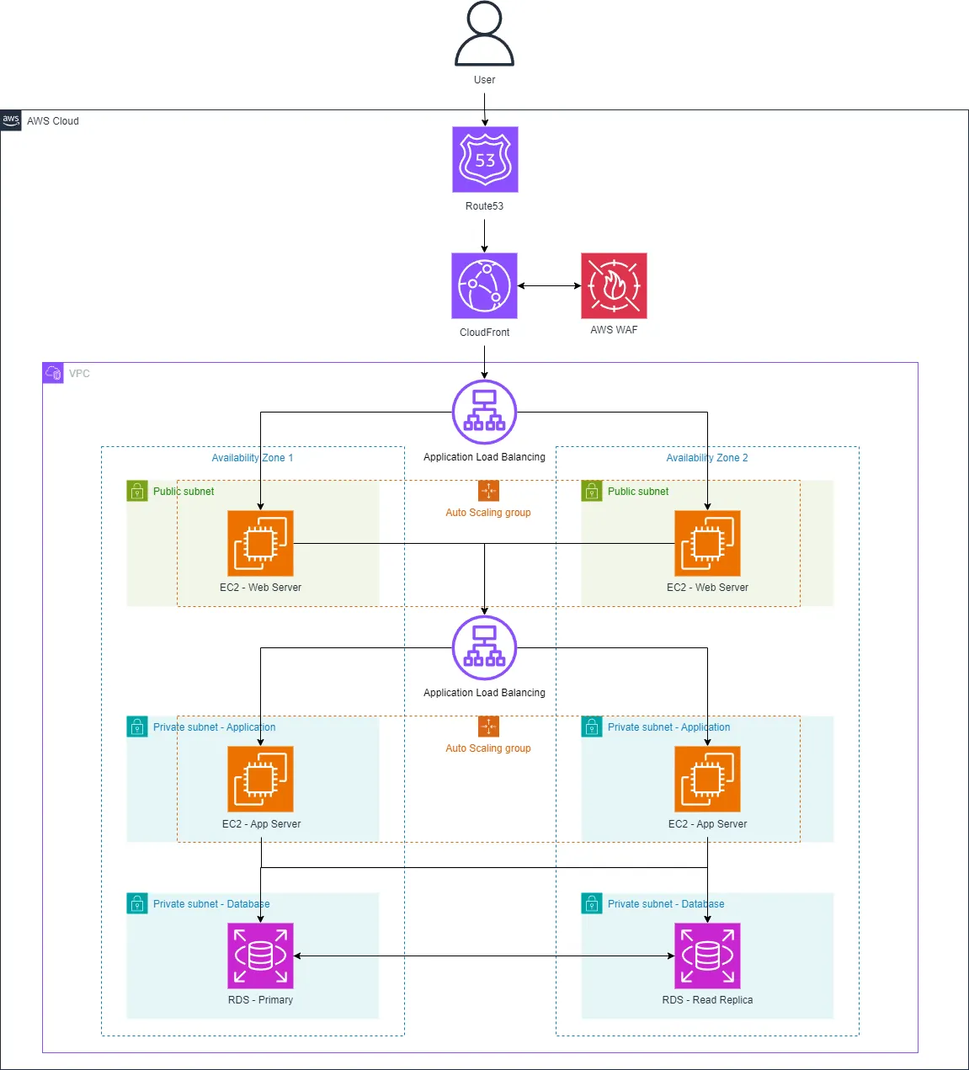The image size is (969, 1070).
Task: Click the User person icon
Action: click(x=484, y=35)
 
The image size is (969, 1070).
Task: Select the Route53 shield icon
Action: click(x=485, y=159)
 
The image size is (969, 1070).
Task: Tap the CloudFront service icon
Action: click(x=484, y=285)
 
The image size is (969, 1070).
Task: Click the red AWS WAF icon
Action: click(x=614, y=285)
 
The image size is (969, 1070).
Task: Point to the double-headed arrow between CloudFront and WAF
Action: click(x=549, y=285)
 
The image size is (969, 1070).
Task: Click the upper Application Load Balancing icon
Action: click(x=484, y=412)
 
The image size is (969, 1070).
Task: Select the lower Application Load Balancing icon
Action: click(x=484, y=647)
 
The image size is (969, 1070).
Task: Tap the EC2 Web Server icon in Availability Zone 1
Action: click(x=260, y=543)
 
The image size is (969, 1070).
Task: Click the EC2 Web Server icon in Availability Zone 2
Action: click(x=707, y=543)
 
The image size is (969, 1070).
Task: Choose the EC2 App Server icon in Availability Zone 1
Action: click(x=260, y=779)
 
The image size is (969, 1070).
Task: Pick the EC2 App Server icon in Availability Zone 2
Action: click(x=707, y=779)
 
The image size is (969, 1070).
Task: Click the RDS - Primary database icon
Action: click(x=260, y=956)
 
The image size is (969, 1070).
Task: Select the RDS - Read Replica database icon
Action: click(x=707, y=956)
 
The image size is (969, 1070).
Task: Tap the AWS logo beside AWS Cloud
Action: click(x=11, y=120)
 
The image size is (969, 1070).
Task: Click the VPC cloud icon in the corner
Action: click(x=53, y=373)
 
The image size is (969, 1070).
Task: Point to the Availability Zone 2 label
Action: click(x=706, y=458)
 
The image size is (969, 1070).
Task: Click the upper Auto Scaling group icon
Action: click(x=488, y=491)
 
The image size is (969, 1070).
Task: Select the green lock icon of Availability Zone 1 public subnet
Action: click(x=137, y=491)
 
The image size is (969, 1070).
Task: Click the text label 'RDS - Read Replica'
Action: click(x=707, y=1000)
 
